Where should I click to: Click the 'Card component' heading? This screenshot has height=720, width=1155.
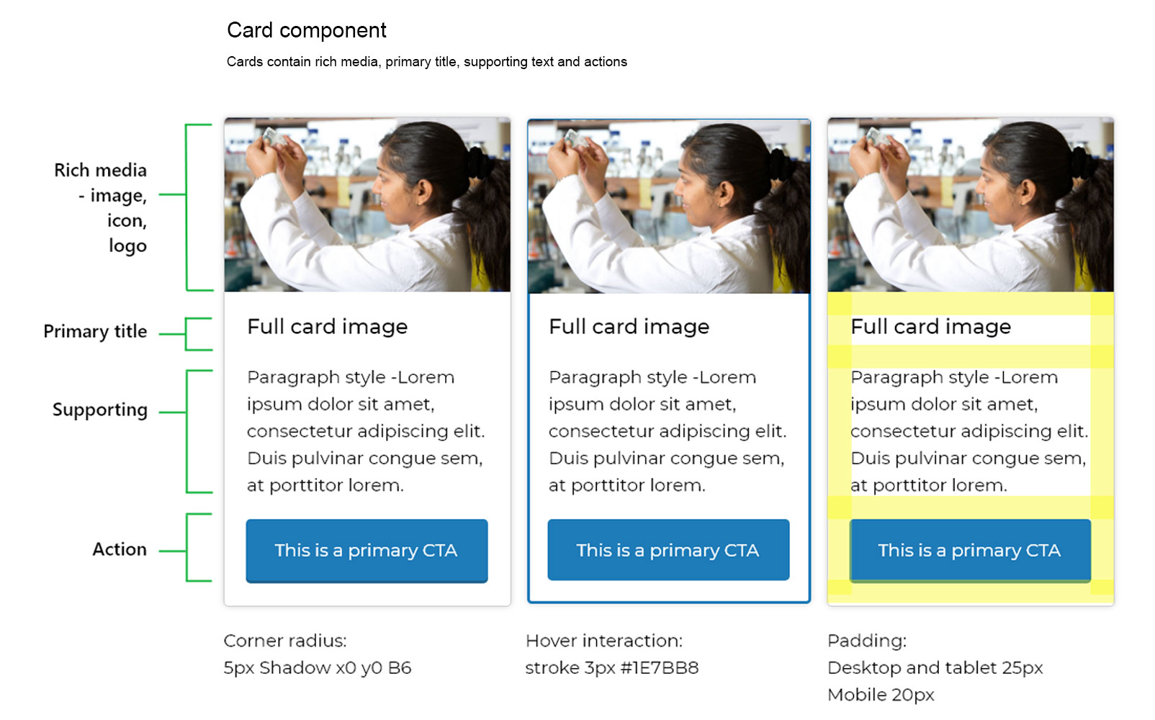[x=306, y=30]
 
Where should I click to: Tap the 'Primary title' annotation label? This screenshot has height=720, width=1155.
[x=95, y=331]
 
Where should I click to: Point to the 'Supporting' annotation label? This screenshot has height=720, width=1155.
[x=100, y=410]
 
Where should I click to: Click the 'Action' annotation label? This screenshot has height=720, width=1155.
[x=119, y=549]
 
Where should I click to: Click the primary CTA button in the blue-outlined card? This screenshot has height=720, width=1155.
[x=668, y=550]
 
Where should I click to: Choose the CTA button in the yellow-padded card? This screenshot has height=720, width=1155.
[x=970, y=551]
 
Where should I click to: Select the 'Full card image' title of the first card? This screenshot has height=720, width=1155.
[x=328, y=327]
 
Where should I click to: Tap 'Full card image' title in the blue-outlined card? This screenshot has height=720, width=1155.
[x=629, y=327]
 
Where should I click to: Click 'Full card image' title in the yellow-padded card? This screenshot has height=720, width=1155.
[x=931, y=327]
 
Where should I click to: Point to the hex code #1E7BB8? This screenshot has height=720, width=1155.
[x=660, y=668]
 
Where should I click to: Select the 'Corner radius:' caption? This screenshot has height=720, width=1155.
[x=285, y=641]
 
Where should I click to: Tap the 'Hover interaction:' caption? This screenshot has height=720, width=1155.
[x=604, y=641]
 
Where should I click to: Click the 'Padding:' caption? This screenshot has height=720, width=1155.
[x=867, y=641]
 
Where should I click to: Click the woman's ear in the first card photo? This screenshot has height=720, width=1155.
[x=424, y=191]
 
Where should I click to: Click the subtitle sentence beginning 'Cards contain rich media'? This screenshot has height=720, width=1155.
[x=427, y=62]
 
